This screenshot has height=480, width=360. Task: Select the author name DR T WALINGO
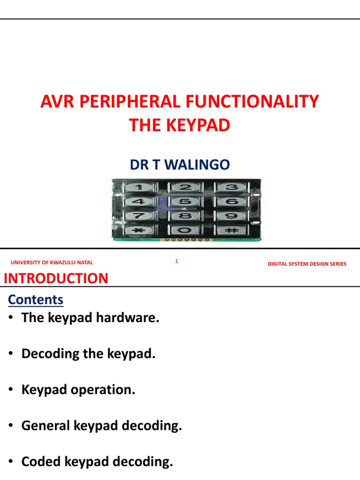(x=180, y=165)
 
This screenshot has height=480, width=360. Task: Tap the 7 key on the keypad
(x=139, y=216)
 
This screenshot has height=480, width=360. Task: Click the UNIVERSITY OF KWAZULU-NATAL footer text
(x=52, y=263)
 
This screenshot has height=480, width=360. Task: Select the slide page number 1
(x=176, y=262)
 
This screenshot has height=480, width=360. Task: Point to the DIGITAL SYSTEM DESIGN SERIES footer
(x=307, y=264)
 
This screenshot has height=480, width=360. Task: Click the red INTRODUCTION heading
(x=56, y=278)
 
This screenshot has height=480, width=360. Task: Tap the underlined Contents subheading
(x=36, y=300)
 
